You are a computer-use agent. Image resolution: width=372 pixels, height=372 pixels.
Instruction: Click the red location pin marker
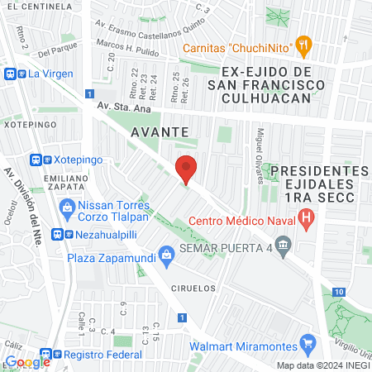coord(187,168)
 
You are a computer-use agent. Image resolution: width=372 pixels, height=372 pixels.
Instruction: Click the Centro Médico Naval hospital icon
coord(307,220)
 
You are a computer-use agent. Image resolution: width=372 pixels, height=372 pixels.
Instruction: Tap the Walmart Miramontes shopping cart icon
coord(308,341)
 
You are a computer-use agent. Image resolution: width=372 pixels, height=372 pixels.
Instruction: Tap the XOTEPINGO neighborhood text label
coord(30,124)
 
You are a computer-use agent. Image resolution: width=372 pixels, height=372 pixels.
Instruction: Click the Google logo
coord(27,362)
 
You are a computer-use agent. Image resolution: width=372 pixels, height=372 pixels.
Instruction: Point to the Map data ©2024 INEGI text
coord(322,365)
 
